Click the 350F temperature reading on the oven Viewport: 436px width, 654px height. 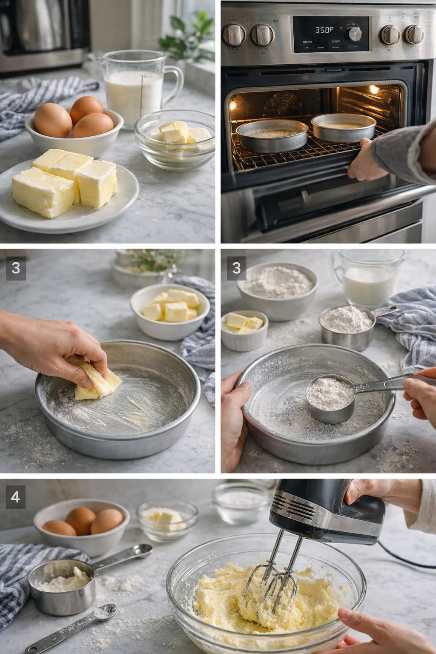pos(324,30)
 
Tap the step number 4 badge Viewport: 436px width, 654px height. pos(15,497)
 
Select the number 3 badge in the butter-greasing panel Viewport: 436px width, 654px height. pos(16,268)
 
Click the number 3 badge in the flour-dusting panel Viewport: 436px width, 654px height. pos(236,268)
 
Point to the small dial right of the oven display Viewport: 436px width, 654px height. pos(353,34)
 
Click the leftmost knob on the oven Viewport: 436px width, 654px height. pos(234,35)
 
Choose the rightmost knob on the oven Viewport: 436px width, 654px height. pos(413,34)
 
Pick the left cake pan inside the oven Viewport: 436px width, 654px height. pos(272,135)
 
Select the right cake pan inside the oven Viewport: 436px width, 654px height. pos(343,127)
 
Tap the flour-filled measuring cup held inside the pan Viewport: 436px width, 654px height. pos(330,398)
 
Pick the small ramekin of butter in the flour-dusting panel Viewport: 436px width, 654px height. pos(244,330)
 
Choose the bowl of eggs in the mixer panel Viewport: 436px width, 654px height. pos(81,526)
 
